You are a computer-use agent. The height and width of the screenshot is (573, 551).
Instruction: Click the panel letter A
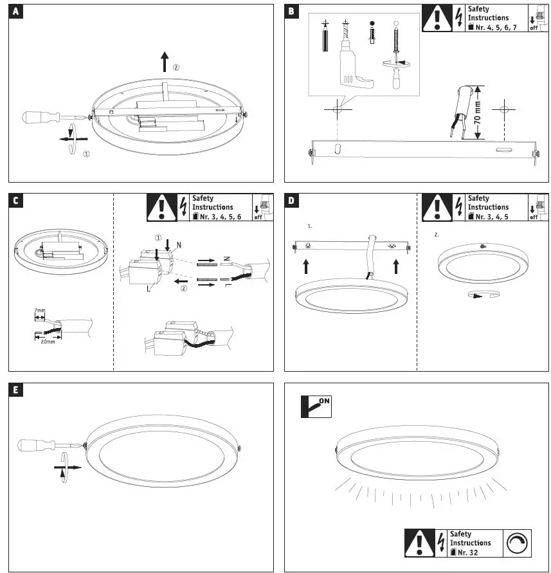click(15, 12)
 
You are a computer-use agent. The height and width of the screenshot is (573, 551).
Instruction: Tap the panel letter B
click(292, 12)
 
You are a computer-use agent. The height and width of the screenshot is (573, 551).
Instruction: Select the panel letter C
click(15, 201)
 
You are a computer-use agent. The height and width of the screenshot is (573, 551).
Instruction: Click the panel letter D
click(292, 201)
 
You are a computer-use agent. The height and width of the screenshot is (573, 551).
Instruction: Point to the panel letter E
click(15, 390)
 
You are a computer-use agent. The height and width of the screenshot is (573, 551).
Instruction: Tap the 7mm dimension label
click(41, 311)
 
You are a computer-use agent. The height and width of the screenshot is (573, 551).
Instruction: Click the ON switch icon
click(316, 405)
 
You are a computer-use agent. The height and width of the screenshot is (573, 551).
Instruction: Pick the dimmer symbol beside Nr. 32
click(519, 543)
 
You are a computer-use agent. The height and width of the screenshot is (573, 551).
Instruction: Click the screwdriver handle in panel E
click(37, 445)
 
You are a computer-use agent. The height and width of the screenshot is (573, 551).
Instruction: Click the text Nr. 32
click(463, 552)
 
